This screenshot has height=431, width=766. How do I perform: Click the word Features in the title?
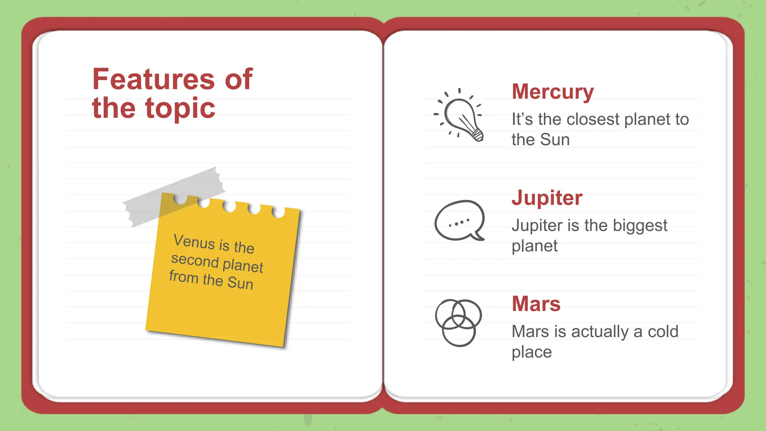pos(153,79)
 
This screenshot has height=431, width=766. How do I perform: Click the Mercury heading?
pos(552,92)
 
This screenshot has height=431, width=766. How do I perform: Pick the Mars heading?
pos(536,304)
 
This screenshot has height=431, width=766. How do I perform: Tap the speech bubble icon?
pos(459,221)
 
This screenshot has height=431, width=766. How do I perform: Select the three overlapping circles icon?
pos(458,323)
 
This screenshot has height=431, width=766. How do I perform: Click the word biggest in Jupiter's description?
pos(640,226)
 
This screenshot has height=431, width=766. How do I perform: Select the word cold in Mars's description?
pos(663,332)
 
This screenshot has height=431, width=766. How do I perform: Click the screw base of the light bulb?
pos(478,135)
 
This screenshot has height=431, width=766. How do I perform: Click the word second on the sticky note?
pos(194,260)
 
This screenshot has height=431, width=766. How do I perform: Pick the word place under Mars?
pos(531,352)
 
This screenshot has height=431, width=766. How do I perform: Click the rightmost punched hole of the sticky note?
pos(278,212)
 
